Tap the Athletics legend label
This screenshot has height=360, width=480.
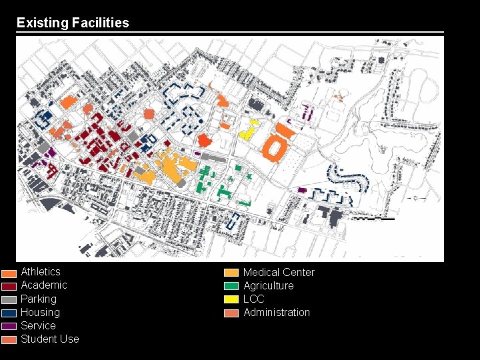40,272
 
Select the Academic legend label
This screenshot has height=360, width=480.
43,285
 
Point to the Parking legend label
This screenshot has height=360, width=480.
38,299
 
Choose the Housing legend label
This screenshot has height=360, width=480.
40,312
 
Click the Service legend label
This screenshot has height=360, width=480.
38,325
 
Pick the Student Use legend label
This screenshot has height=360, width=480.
49,339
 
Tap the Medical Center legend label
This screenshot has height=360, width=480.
279,272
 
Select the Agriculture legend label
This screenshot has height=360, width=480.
268,285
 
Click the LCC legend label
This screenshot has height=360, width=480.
253,299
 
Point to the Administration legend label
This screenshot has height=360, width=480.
277,312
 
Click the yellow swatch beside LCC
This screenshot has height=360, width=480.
231,299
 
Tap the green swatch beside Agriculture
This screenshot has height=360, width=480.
231,286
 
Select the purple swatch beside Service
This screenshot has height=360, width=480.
9,327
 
